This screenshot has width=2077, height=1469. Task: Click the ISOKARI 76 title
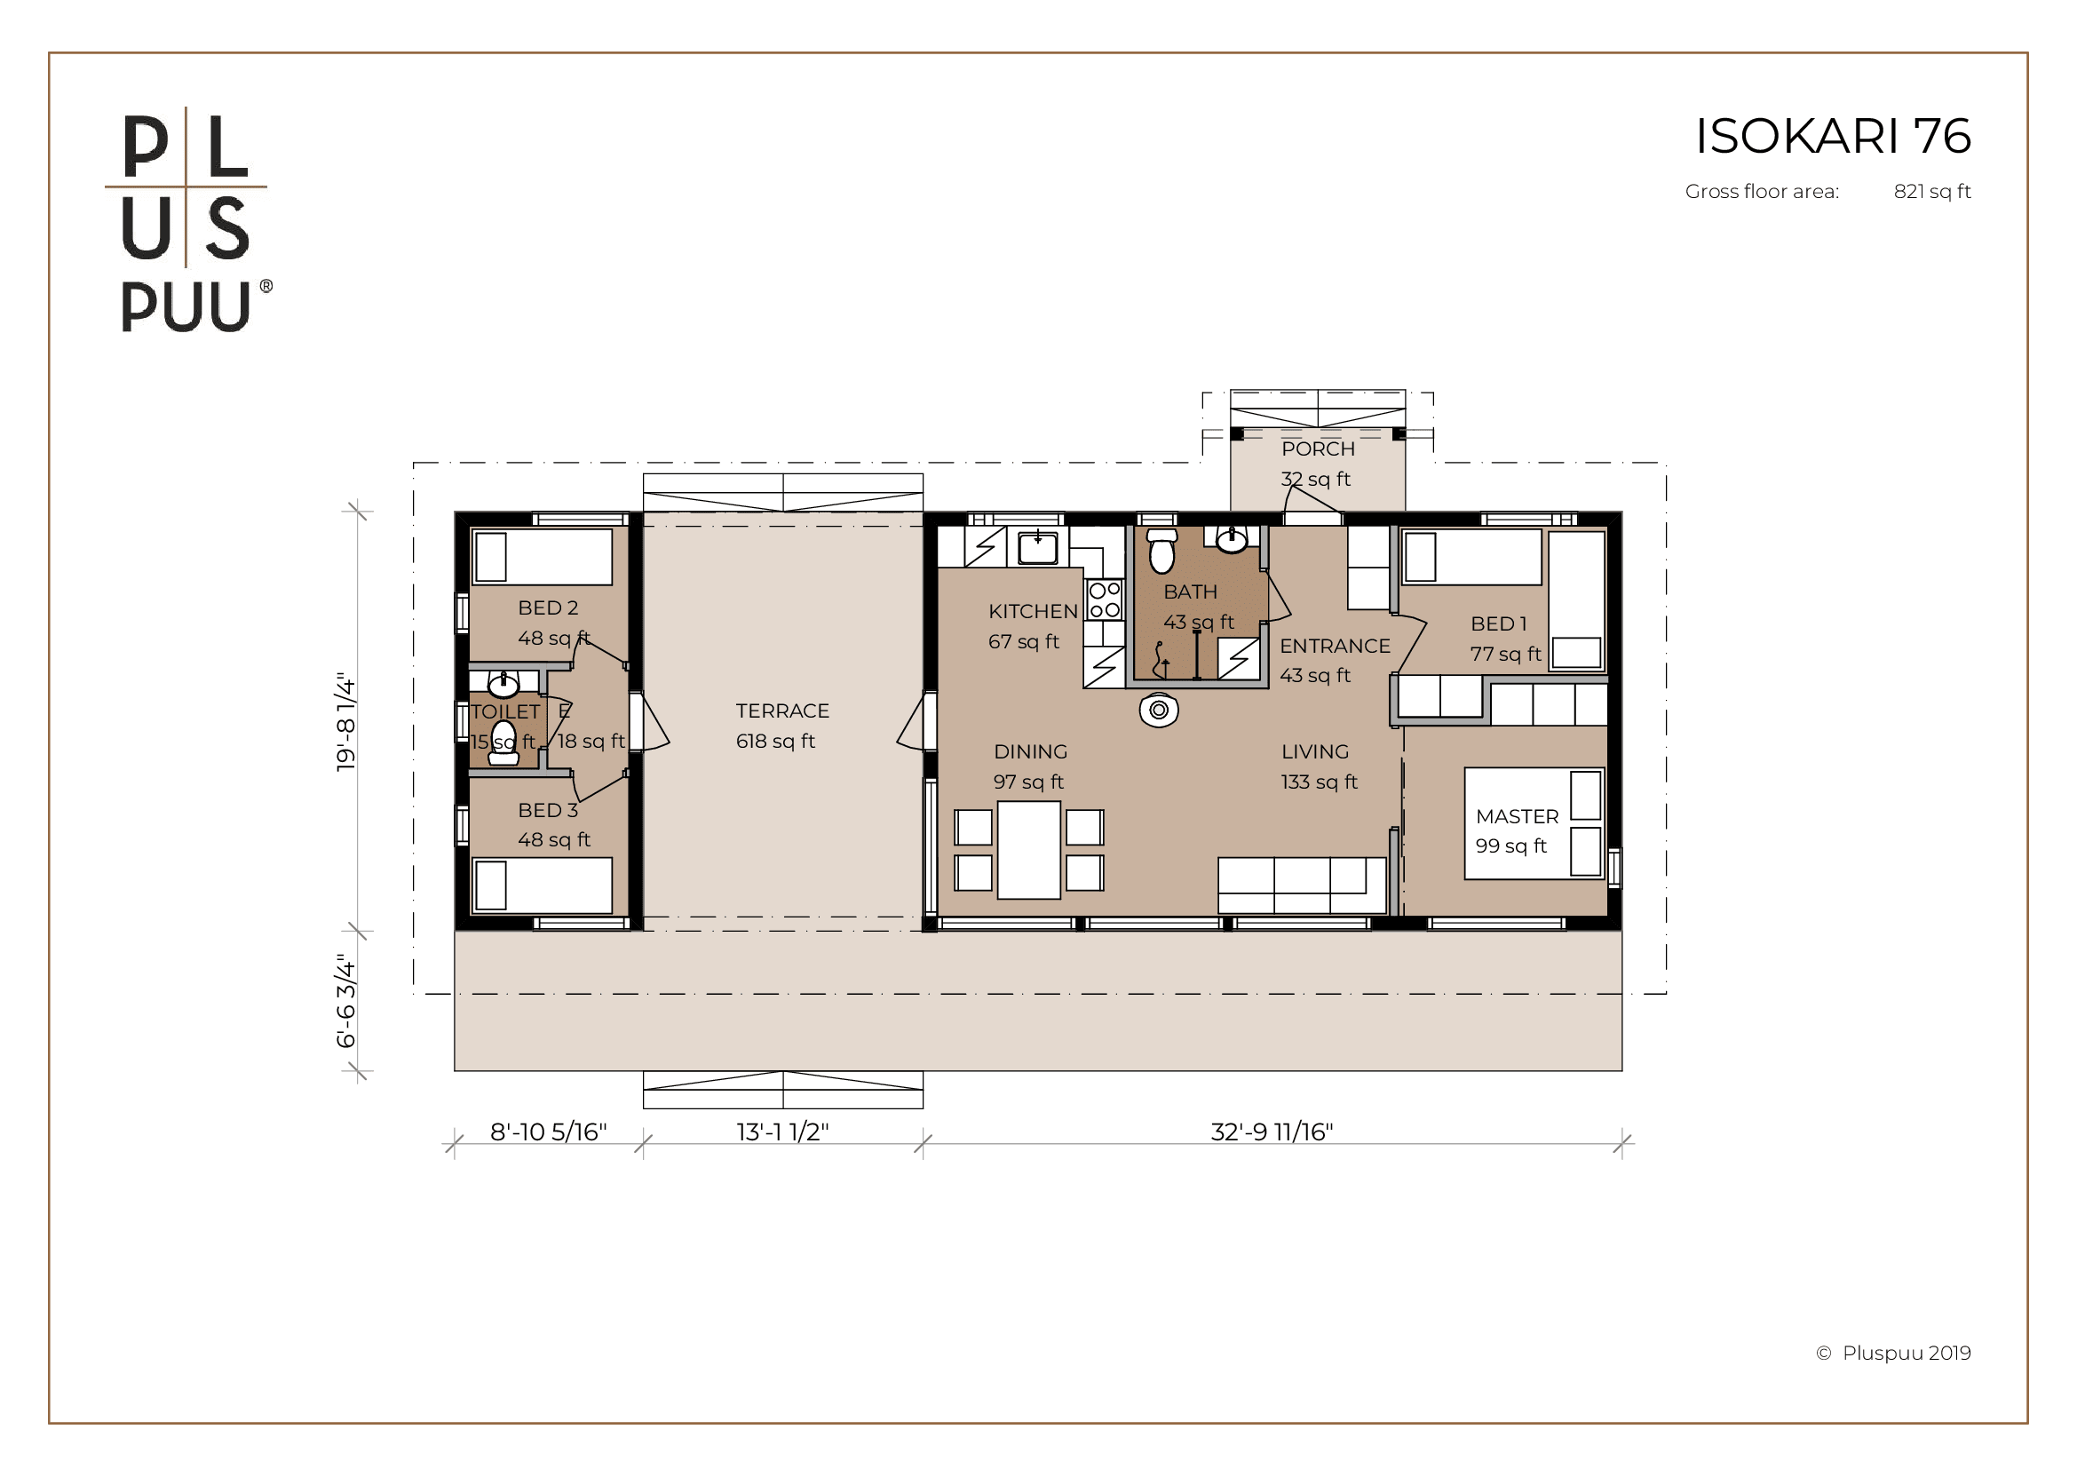click(x=1833, y=136)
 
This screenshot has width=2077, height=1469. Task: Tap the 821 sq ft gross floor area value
click(x=1932, y=192)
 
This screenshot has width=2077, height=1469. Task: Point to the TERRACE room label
click(x=782, y=711)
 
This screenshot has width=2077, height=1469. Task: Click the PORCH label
click(x=1318, y=449)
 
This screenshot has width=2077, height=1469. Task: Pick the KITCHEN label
click(x=1033, y=611)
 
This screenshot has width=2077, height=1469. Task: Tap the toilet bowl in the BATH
click(x=1161, y=551)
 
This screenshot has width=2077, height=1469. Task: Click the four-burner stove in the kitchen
click(x=1105, y=600)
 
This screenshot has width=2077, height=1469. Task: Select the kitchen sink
click(x=1037, y=548)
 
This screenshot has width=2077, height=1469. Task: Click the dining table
click(x=1028, y=849)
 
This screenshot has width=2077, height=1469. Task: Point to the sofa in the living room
click(x=1302, y=885)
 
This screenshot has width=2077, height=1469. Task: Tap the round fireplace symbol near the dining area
click(x=1159, y=711)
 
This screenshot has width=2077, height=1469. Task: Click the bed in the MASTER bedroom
click(x=1534, y=823)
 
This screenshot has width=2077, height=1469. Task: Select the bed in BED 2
click(x=542, y=556)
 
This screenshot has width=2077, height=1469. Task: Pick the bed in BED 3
click(x=542, y=885)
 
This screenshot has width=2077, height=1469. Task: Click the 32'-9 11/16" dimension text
click(x=1272, y=1132)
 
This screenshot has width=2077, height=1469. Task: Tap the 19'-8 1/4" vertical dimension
click(x=346, y=721)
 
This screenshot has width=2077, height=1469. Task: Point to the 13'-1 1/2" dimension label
click(x=782, y=1132)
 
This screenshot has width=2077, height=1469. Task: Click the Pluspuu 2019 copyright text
click(x=1893, y=1354)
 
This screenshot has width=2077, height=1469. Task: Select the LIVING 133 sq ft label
click(x=1319, y=766)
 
